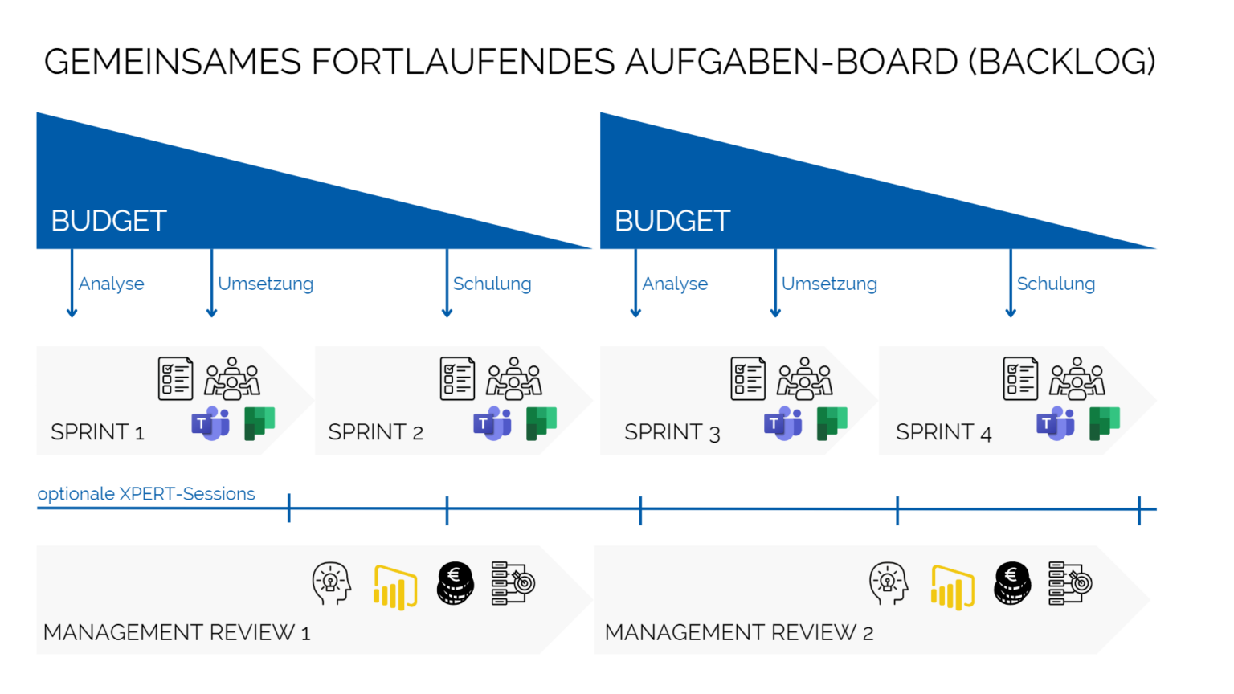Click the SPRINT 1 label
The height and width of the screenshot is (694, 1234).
[97, 432]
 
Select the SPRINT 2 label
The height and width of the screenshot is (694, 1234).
[375, 432]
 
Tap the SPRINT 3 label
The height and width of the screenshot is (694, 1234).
[672, 432]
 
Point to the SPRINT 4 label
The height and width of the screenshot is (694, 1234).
[943, 432]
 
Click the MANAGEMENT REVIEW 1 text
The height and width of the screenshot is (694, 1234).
[177, 633]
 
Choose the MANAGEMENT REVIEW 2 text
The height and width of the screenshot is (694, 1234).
[739, 633]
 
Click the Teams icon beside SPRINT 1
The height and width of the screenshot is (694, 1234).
[210, 423]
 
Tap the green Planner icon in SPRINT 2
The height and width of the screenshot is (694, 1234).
[541, 423]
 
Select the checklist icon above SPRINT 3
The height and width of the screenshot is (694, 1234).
[748, 378]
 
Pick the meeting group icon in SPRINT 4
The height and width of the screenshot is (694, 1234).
[1078, 378]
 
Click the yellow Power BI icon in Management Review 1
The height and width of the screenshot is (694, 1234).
[395, 586]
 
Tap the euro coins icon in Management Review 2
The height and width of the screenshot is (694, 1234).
[1012, 582]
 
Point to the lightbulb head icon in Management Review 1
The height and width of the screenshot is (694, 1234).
[332, 583]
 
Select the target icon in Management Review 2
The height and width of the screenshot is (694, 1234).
[1070, 582]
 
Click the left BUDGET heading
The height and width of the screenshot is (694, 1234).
[108, 221]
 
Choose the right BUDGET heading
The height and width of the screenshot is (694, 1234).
[672, 221]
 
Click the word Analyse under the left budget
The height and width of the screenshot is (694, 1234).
[112, 284]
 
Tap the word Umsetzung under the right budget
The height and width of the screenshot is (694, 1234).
[829, 284]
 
